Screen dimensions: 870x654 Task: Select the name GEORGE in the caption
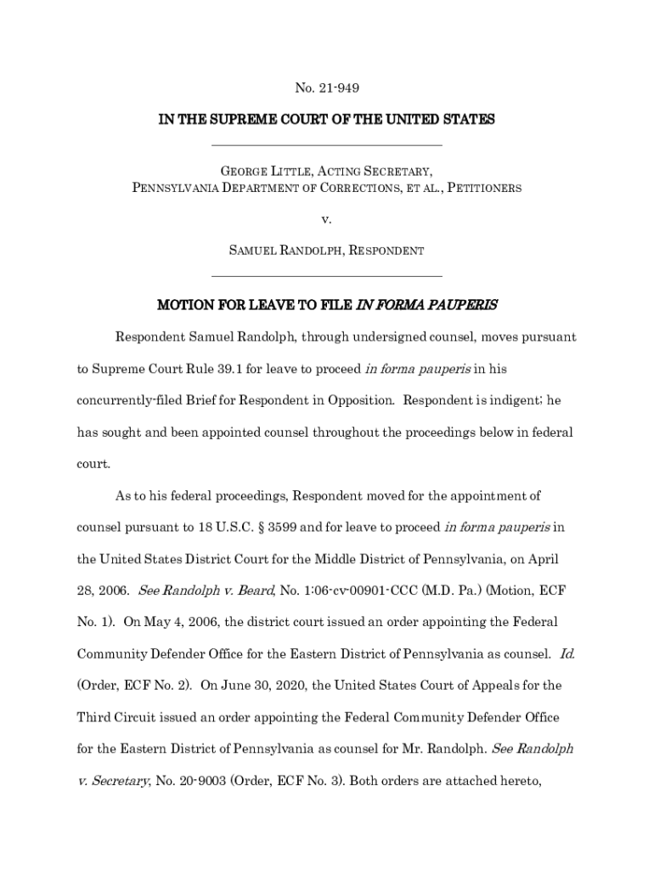tap(235, 172)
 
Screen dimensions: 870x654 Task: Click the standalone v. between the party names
tap(326, 219)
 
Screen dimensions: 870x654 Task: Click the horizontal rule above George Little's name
tap(326, 146)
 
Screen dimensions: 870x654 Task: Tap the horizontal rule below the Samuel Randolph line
tap(326, 276)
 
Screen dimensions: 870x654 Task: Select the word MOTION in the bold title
tap(183, 304)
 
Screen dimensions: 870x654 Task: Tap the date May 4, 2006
tap(184, 622)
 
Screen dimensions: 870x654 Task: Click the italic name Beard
tap(255, 590)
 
